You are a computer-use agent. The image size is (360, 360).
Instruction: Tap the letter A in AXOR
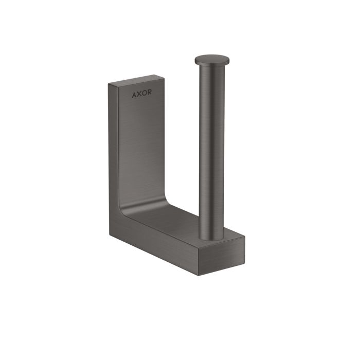click(134, 95)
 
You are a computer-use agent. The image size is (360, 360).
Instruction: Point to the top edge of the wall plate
click(136, 80)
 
